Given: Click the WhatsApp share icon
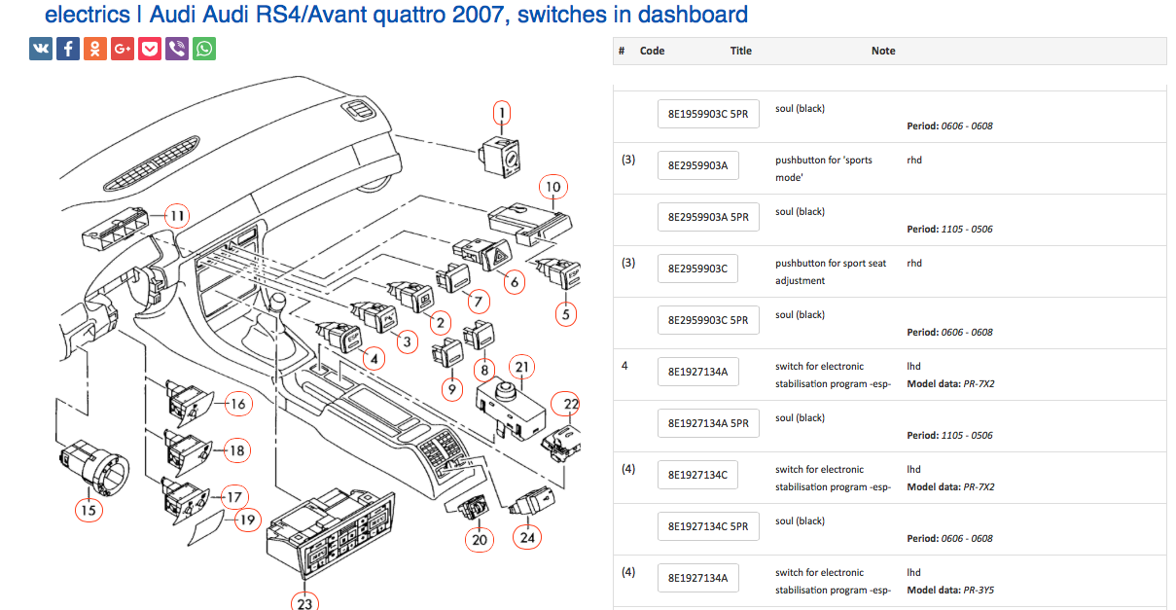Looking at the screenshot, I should [204, 49].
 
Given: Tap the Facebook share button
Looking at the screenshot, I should [68, 49].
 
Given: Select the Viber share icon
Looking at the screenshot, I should [177, 49].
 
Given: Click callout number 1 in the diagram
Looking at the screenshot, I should [502, 114].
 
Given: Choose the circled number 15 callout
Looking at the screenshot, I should [89, 508].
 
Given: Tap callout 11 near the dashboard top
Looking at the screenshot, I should [176, 216].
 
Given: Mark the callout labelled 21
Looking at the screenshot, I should [523, 367].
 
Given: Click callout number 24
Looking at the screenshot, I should [528, 536].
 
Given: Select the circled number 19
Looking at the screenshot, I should [247, 520].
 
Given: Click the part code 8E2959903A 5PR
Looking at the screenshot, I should [707, 217].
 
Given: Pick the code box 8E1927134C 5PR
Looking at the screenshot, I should [707, 526].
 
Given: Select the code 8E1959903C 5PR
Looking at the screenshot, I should [707, 114].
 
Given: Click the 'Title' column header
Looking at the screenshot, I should [741, 51].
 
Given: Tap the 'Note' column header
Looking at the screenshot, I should [883, 51].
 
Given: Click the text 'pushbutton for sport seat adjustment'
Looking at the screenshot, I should [831, 271].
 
